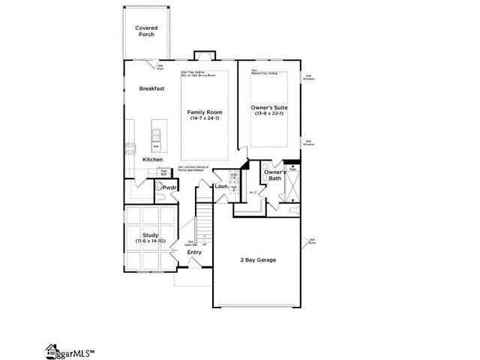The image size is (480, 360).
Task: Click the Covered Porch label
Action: click(146, 31)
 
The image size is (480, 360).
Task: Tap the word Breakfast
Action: click(151, 88)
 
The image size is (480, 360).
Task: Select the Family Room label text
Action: click(205, 112)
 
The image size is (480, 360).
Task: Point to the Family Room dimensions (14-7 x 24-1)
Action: click(205, 118)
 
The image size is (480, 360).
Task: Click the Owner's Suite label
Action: click(268, 107)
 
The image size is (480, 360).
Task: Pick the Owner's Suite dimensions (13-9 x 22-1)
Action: click(268, 114)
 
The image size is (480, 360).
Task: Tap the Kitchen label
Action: click(152, 160)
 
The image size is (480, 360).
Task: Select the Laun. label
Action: click(221, 186)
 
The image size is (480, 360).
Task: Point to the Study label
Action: click(151, 235)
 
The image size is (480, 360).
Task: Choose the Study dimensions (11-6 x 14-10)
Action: click(151, 241)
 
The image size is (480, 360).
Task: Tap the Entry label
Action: click(194, 252)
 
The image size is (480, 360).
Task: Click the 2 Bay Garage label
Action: click(257, 259)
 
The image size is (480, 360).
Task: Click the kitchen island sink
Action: click(157, 134)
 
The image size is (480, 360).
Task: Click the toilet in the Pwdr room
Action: click(160, 188)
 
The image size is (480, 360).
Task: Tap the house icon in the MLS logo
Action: click(52, 349)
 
